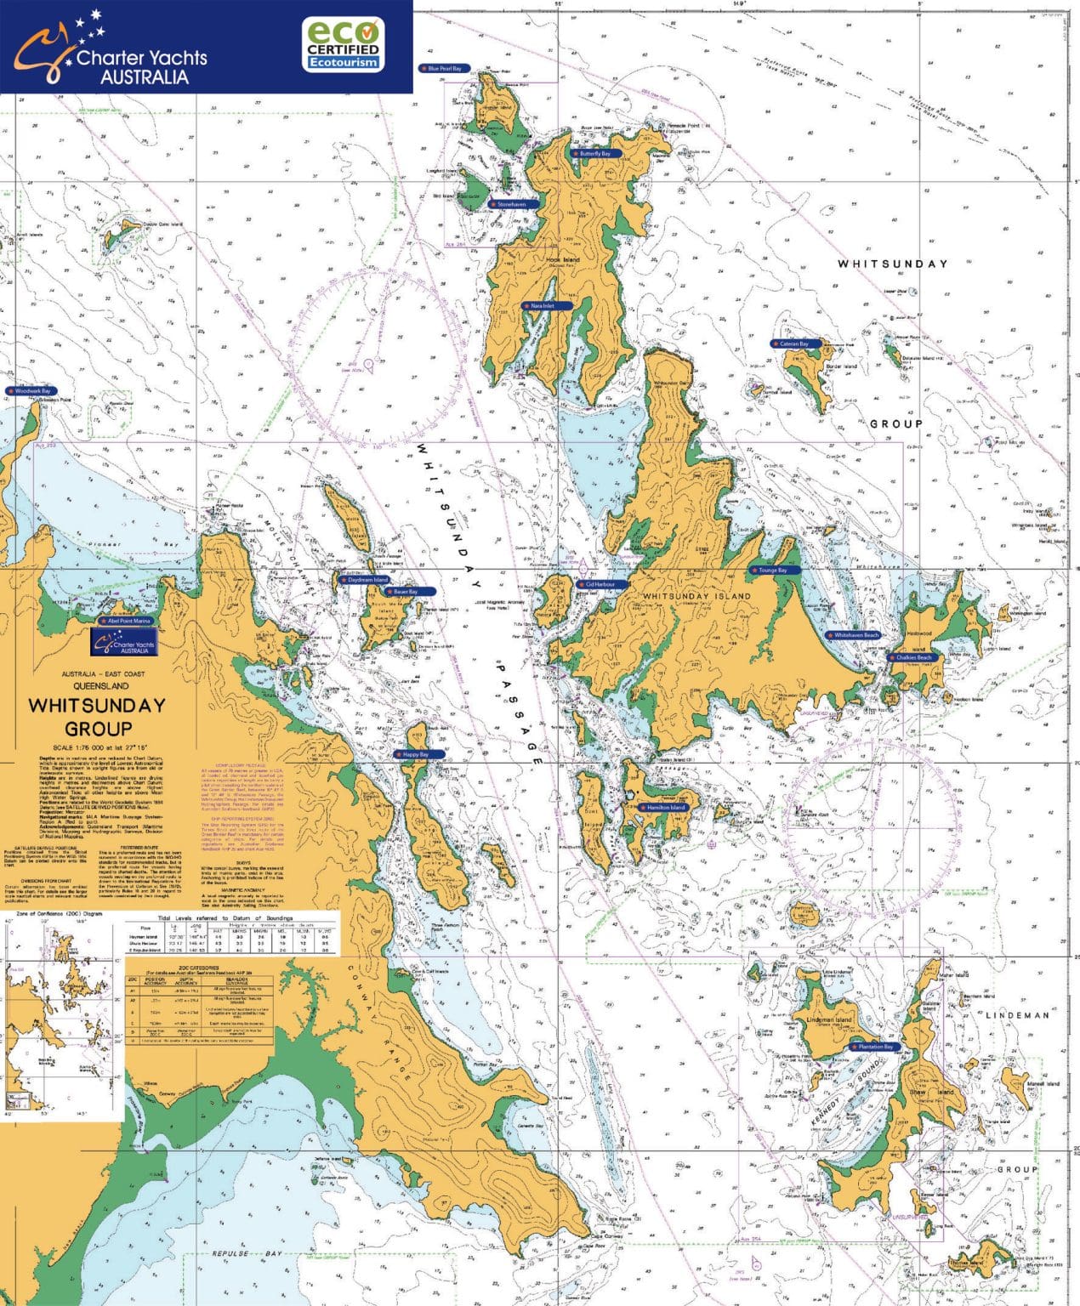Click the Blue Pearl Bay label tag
coord(441,68)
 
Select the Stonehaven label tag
coord(509,204)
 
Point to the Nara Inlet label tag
coord(539,305)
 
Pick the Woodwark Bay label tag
coord(30,391)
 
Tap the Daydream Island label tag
coord(365,580)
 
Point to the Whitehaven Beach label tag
coord(853,635)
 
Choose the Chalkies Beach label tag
coord(911,657)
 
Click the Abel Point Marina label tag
coord(126,622)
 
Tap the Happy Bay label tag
coord(412,754)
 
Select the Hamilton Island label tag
coord(663,807)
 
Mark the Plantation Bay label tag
coord(873,1047)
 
